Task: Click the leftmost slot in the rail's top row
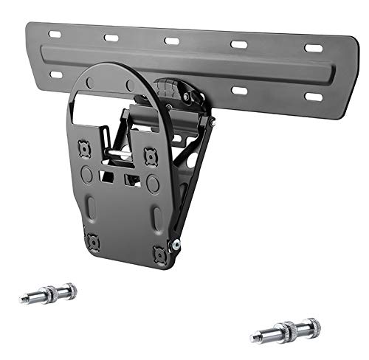coord(54,35)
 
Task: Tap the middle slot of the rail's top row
coord(172,41)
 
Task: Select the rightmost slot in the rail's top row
coord(314,48)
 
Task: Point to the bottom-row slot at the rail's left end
coord(56,75)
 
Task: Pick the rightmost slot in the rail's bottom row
coord(314,97)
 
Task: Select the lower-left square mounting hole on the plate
coord(93,240)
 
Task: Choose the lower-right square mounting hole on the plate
coord(159,253)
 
